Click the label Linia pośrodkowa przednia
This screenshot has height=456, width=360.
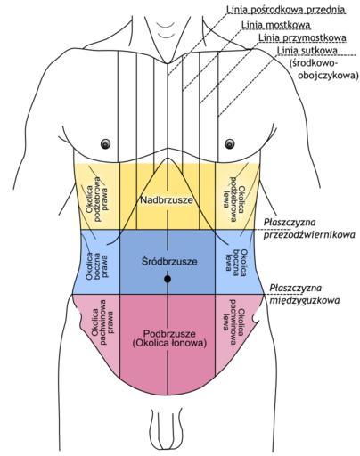tap(286, 10)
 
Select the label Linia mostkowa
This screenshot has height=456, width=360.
tap(276, 25)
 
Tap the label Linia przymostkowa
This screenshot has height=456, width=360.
tap(302, 37)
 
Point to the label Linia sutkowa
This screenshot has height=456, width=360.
tap(307, 50)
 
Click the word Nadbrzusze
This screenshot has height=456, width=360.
tap(167, 200)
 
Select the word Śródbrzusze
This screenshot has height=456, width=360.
tap(169, 262)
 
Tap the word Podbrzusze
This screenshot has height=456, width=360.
tap(169, 334)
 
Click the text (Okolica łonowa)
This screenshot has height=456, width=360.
tap(169, 343)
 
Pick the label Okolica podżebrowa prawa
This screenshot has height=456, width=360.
tap(97, 199)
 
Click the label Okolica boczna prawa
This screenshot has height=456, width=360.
tap(97, 265)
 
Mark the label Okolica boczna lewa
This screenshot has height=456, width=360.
tap(236, 260)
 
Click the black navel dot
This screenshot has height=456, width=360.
tap(168, 279)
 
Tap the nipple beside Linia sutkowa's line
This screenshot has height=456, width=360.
tap(230, 144)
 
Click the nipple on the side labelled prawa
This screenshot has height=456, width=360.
tap(105, 144)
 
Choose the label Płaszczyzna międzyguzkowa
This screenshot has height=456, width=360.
tap(304, 294)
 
